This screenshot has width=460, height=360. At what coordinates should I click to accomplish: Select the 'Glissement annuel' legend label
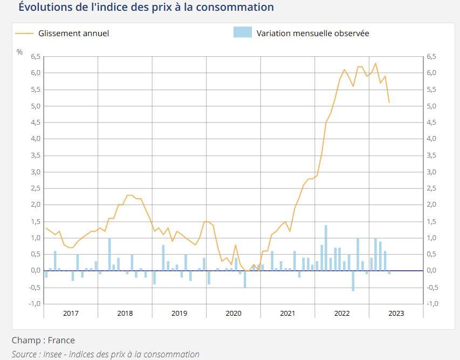pyautogui.click(x=73, y=33)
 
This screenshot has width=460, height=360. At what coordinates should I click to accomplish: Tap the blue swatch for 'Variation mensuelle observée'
pyautogui.click(x=242, y=33)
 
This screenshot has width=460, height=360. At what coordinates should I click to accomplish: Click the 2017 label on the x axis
pyautogui.click(x=71, y=314)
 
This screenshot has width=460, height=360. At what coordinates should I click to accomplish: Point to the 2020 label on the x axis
pyautogui.click(x=234, y=314)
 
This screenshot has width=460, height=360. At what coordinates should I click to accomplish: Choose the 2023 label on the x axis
pyautogui.click(x=396, y=314)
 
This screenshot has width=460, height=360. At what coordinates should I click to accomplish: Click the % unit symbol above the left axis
pyautogui.click(x=19, y=52)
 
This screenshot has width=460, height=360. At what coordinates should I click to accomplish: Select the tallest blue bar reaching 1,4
pyautogui.click(x=326, y=248)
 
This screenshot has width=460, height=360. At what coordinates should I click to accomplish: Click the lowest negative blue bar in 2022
pyautogui.click(x=353, y=281)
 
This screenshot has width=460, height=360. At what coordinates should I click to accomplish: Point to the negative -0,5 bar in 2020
pyautogui.click(x=244, y=279)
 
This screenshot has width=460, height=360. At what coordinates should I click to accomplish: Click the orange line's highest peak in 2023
pyautogui.click(x=376, y=63)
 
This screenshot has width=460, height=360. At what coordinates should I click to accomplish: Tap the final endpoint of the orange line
pyautogui.click(x=389, y=103)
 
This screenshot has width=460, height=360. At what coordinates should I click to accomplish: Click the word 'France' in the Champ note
pyautogui.click(x=61, y=340)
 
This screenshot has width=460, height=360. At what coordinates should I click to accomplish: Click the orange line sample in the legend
pyautogui.click(x=24, y=33)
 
